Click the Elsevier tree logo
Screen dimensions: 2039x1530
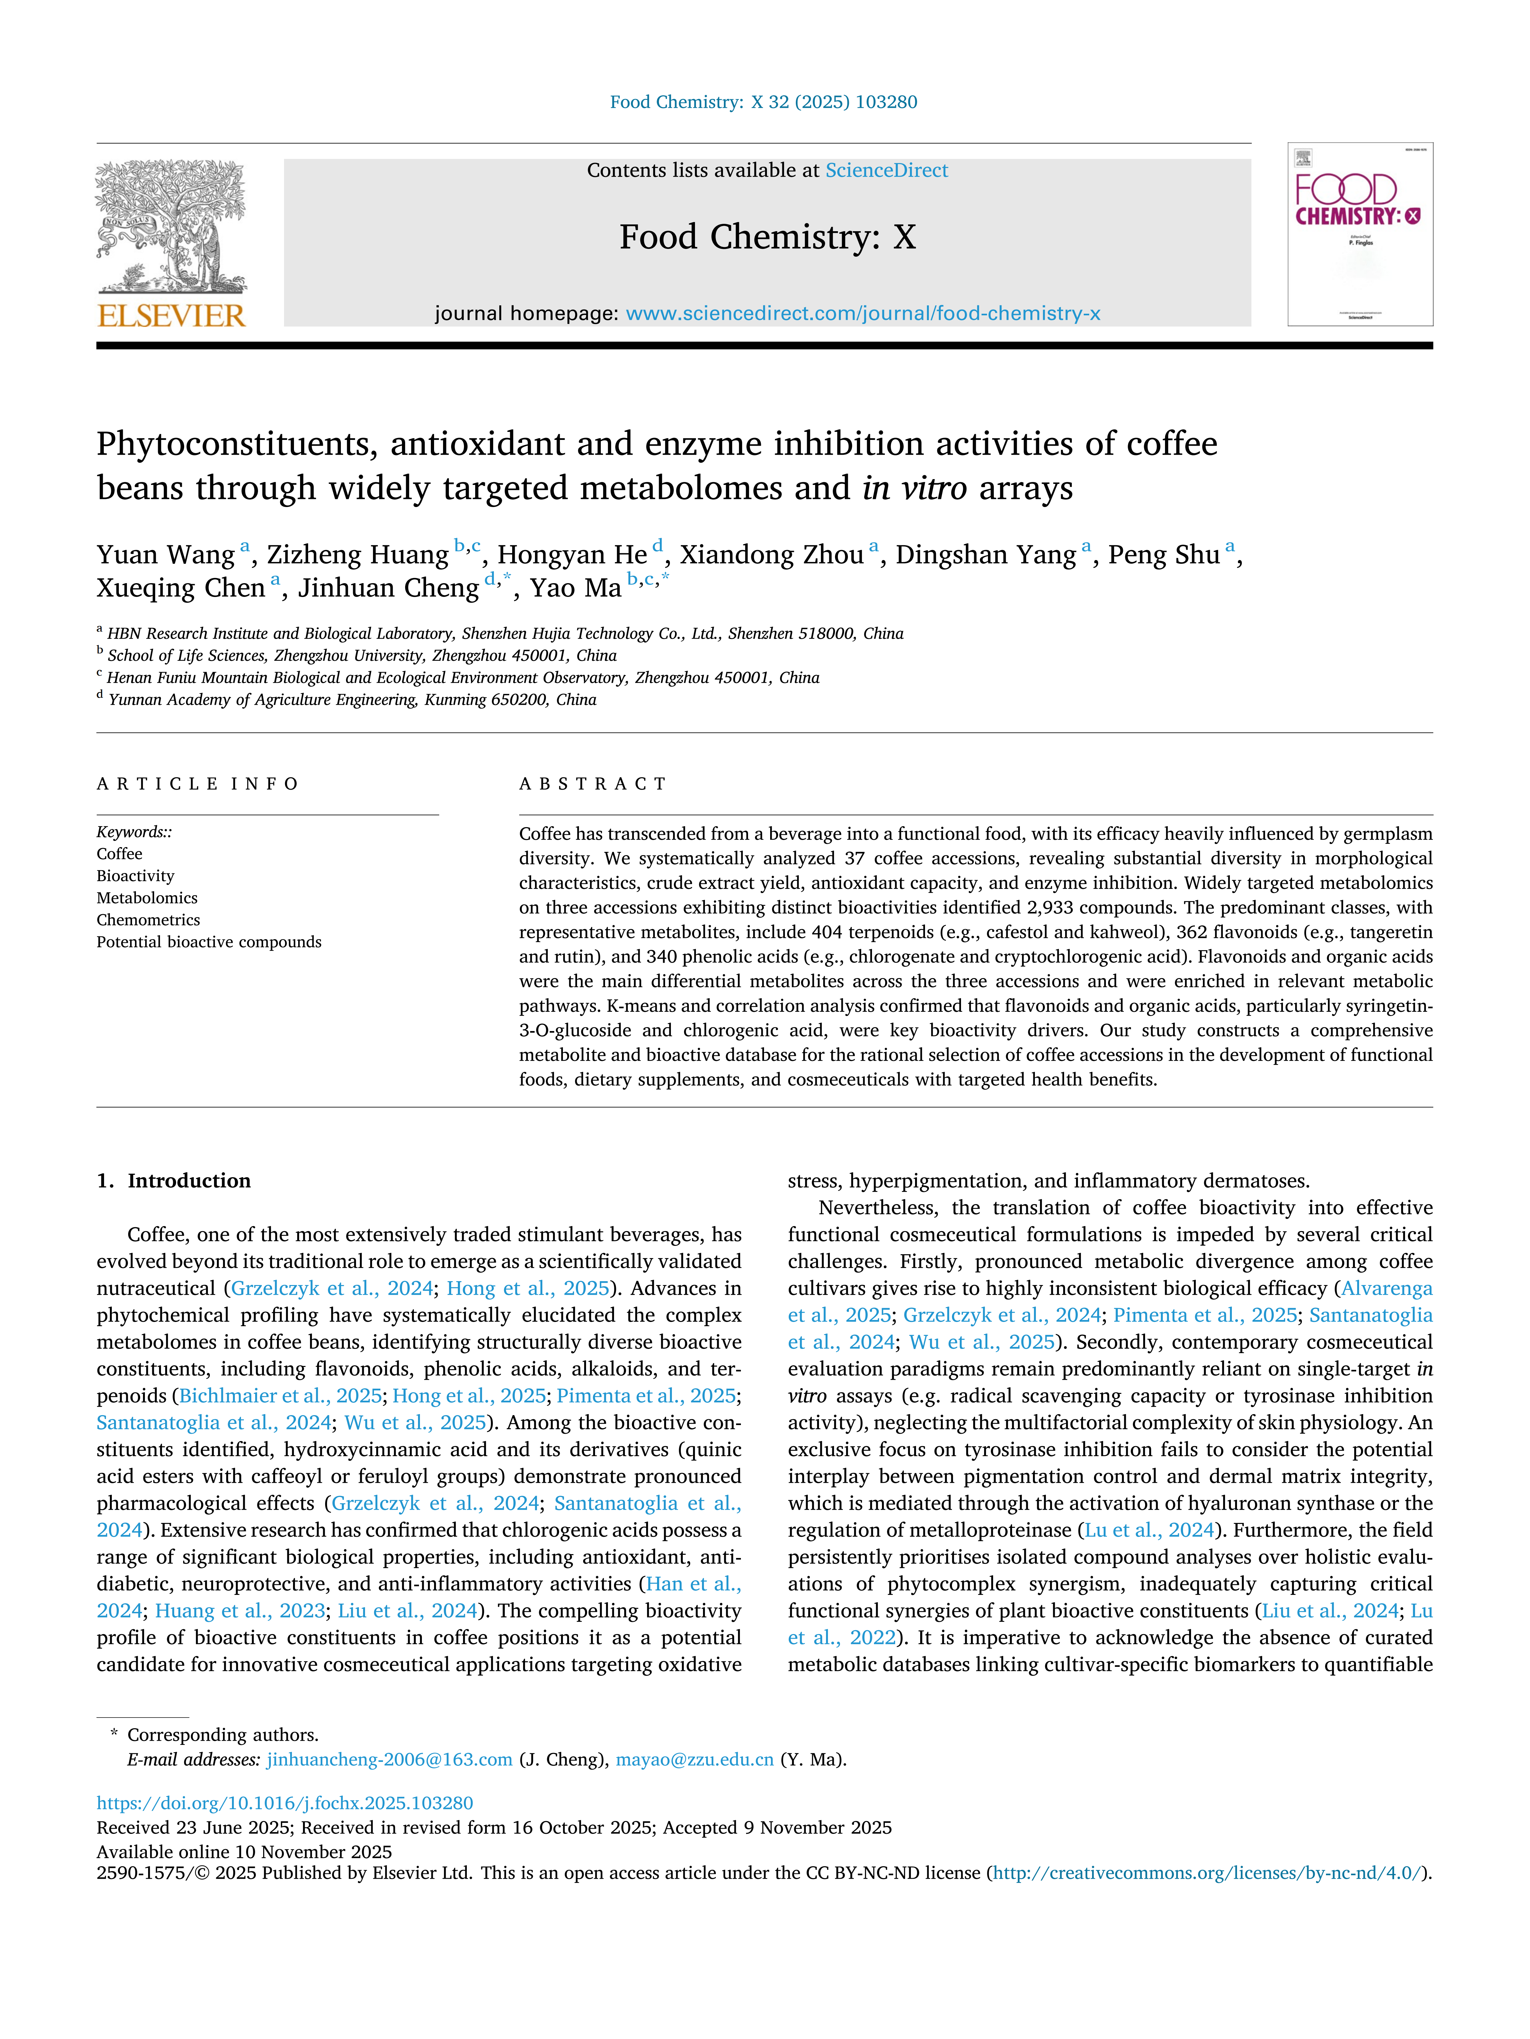pos(172,226)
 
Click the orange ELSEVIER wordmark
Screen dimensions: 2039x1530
pos(172,316)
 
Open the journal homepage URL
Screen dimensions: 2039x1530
pos(862,313)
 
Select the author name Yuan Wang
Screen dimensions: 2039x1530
pos(166,555)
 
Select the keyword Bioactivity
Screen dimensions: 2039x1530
pos(136,876)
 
